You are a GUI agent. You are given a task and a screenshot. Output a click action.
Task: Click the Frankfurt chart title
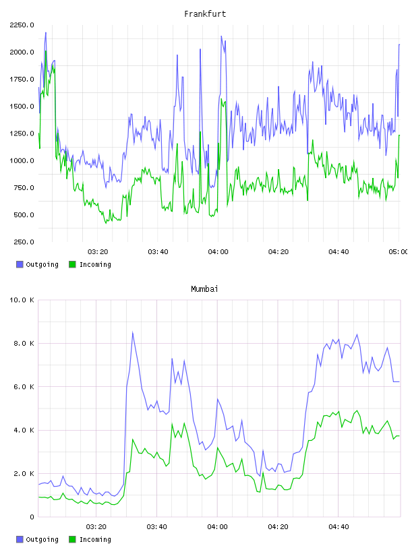click(x=205, y=14)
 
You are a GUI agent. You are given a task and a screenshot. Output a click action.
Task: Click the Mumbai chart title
click(x=204, y=289)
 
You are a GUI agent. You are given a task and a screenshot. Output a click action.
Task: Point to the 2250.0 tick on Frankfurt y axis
click(x=22, y=25)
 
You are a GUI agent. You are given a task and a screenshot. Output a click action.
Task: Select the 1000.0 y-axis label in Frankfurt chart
click(x=22, y=160)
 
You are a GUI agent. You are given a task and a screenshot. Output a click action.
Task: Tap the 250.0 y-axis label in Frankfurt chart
click(x=24, y=242)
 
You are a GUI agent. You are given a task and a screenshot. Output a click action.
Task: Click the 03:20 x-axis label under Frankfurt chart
click(x=98, y=252)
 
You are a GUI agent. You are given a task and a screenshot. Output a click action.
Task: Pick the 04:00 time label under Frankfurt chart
click(x=218, y=252)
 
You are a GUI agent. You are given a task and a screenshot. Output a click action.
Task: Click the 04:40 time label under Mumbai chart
click(x=339, y=527)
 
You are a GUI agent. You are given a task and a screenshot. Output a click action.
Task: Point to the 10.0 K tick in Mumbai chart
click(x=22, y=300)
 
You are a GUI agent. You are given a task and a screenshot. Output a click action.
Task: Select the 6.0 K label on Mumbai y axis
click(x=24, y=386)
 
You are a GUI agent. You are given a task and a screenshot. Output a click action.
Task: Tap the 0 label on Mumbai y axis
click(x=32, y=517)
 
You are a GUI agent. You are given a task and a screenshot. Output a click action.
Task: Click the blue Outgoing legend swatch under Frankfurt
click(x=20, y=264)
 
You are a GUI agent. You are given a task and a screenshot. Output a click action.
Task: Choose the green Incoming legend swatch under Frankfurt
click(x=72, y=264)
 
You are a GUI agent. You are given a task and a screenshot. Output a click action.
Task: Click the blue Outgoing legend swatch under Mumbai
click(x=20, y=539)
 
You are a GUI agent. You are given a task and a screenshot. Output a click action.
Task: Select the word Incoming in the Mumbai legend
click(x=95, y=539)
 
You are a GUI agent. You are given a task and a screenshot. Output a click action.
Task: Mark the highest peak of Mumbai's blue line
click(x=133, y=332)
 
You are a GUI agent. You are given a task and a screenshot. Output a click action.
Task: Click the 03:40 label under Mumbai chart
click(x=157, y=527)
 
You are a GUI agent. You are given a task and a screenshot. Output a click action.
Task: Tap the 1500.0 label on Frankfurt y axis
click(x=22, y=106)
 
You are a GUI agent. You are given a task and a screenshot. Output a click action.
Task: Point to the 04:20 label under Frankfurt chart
click(x=279, y=252)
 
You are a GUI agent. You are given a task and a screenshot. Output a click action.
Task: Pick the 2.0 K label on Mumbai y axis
click(x=24, y=474)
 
